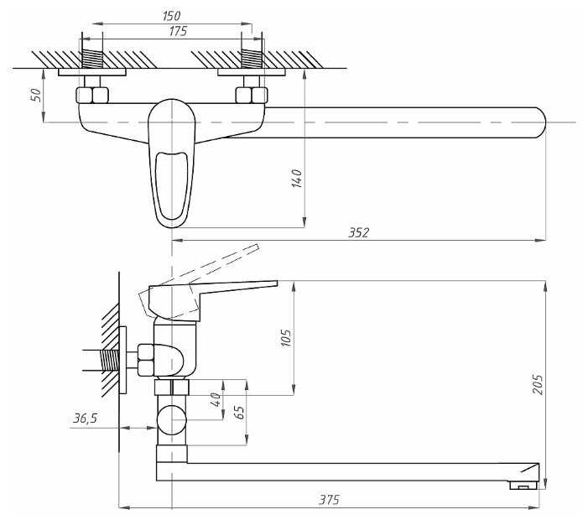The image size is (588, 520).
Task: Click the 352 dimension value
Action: click(x=359, y=232)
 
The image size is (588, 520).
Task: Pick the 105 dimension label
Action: click(x=286, y=337)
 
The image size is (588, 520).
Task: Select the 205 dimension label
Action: click(x=538, y=384)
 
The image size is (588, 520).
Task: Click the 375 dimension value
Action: click(x=330, y=500)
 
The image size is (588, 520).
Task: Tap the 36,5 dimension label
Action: click(x=85, y=418)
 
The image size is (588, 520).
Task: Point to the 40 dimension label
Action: click(x=215, y=398)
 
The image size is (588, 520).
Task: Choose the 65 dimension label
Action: click(x=239, y=412)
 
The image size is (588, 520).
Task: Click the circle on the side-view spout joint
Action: click(x=172, y=418)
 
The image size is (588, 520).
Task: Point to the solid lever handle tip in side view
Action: click(x=268, y=285)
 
